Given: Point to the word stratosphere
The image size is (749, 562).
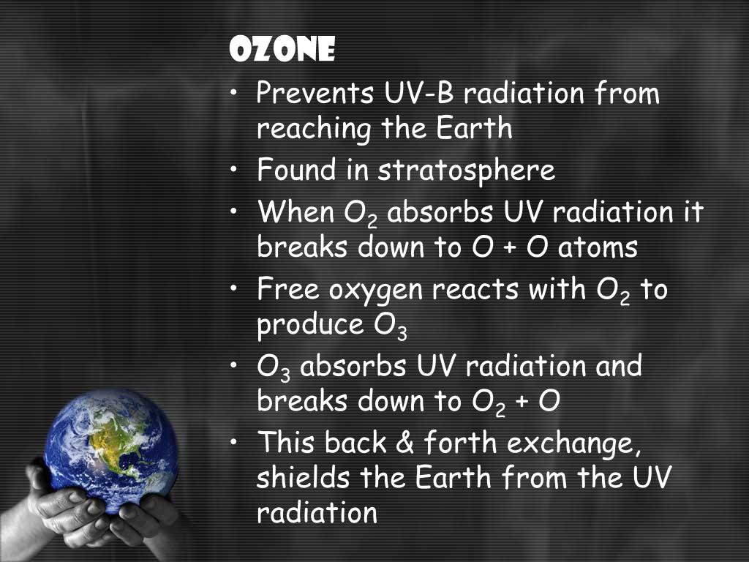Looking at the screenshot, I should (x=467, y=171).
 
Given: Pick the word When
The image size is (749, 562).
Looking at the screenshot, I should (x=295, y=213).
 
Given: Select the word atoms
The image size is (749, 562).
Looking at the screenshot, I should (x=598, y=248).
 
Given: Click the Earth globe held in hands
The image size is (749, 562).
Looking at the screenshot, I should (x=110, y=450).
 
